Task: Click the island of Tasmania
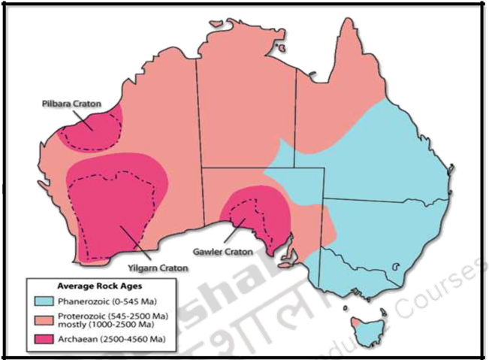(x=365, y=329)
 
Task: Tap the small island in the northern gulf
(x=280, y=50)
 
